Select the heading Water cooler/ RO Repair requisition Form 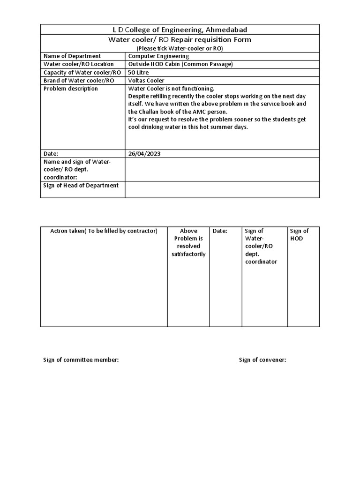(x=180, y=40)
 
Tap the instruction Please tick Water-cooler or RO (x=180, y=48)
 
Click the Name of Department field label (x=72, y=56)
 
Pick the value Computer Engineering (x=158, y=56)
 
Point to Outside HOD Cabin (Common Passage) (x=180, y=64)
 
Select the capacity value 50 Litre (x=140, y=72)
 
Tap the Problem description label (x=71, y=89)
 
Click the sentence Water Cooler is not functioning (x=171, y=89)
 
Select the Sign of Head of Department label (x=81, y=186)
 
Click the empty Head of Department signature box (x=222, y=189)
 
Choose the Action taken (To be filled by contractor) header (x=104, y=231)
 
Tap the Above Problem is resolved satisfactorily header (x=188, y=242)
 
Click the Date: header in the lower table (x=220, y=231)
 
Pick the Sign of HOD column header (x=299, y=234)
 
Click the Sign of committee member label (x=81, y=360)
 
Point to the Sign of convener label (x=262, y=360)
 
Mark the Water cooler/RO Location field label (x=79, y=64)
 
